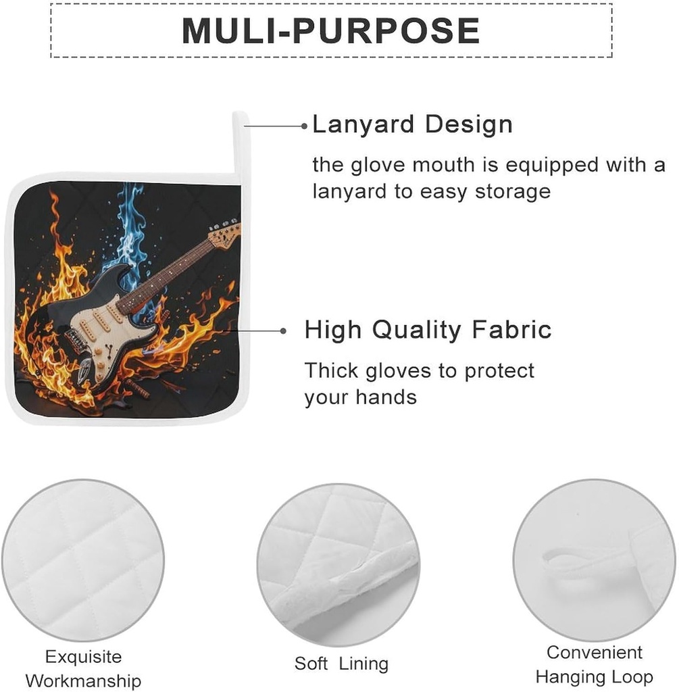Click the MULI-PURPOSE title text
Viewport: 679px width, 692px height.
(331, 30)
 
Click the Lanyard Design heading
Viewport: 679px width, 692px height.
(413, 124)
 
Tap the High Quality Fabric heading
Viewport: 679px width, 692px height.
(428, 330)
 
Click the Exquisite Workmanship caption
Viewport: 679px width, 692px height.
(83, 668)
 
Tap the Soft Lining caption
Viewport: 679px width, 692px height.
(341, 664)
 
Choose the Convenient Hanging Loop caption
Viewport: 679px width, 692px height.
(595, 664)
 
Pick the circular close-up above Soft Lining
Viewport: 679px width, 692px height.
(338, 564)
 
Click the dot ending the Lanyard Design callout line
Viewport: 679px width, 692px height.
(305, 126)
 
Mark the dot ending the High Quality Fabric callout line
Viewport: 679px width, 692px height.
(283, 330)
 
